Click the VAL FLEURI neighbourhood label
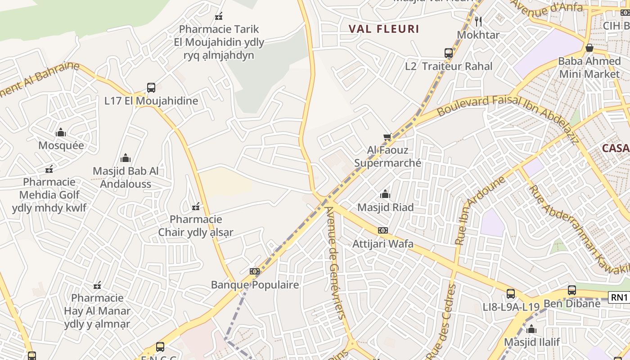click(384, 29)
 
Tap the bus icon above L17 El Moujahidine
click(151, 88)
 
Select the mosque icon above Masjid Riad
click(385, 194)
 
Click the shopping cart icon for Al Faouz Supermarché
click(387, 137)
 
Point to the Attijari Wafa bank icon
click(383, 230)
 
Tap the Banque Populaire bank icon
click(255, 271)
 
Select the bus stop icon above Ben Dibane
click(572, 290)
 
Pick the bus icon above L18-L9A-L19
click(511, 294)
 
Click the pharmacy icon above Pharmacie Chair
click(196, 207)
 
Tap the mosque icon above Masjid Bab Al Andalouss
click(126, 158)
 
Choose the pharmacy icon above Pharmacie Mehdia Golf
click(49, 169)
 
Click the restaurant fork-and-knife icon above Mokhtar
click(478, 21)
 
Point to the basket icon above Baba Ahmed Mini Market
click(589, 47)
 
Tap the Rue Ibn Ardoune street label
click(480, 210)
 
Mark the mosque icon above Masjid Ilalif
click(531, 329)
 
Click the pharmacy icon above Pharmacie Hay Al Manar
click(97, 285)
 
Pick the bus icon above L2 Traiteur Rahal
click(449, 53)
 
